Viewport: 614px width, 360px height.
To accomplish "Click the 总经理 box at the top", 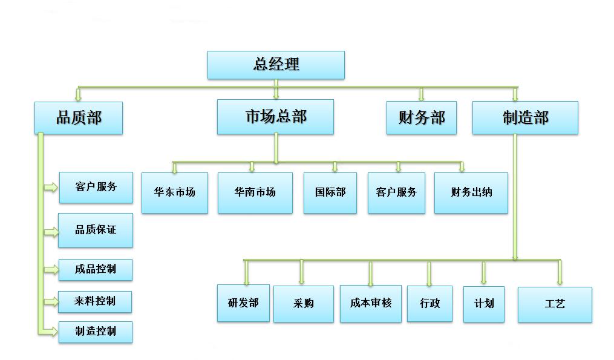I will click(276, 65).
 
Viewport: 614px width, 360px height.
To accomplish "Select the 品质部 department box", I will click(79, 117).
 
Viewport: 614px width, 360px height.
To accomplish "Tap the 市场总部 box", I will click(275, 117).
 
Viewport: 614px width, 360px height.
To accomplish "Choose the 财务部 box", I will click(422, 117).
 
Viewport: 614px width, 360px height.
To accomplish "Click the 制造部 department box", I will click(525, 117).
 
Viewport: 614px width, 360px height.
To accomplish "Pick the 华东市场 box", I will click(175, 192).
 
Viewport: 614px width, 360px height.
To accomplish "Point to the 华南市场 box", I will click(255, 192).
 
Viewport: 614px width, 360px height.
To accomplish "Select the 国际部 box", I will click(330, 192).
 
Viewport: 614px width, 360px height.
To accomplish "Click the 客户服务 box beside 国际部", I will click(396, 192).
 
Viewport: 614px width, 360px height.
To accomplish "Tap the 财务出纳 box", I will click(471, 192).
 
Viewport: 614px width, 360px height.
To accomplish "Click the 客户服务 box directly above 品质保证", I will click(96, 187).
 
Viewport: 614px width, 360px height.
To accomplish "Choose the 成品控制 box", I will click(96, 269).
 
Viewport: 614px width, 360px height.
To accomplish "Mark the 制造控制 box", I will click(96, 332).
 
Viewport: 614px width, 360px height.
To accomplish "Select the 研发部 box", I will click(243, 303).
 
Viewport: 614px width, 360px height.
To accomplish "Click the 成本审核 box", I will click(371, 303).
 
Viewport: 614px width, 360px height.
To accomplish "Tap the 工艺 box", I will click(555, 304).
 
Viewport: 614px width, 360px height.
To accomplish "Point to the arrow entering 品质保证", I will click(51, 232).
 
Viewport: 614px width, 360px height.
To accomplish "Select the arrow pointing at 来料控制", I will click(51, 301).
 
